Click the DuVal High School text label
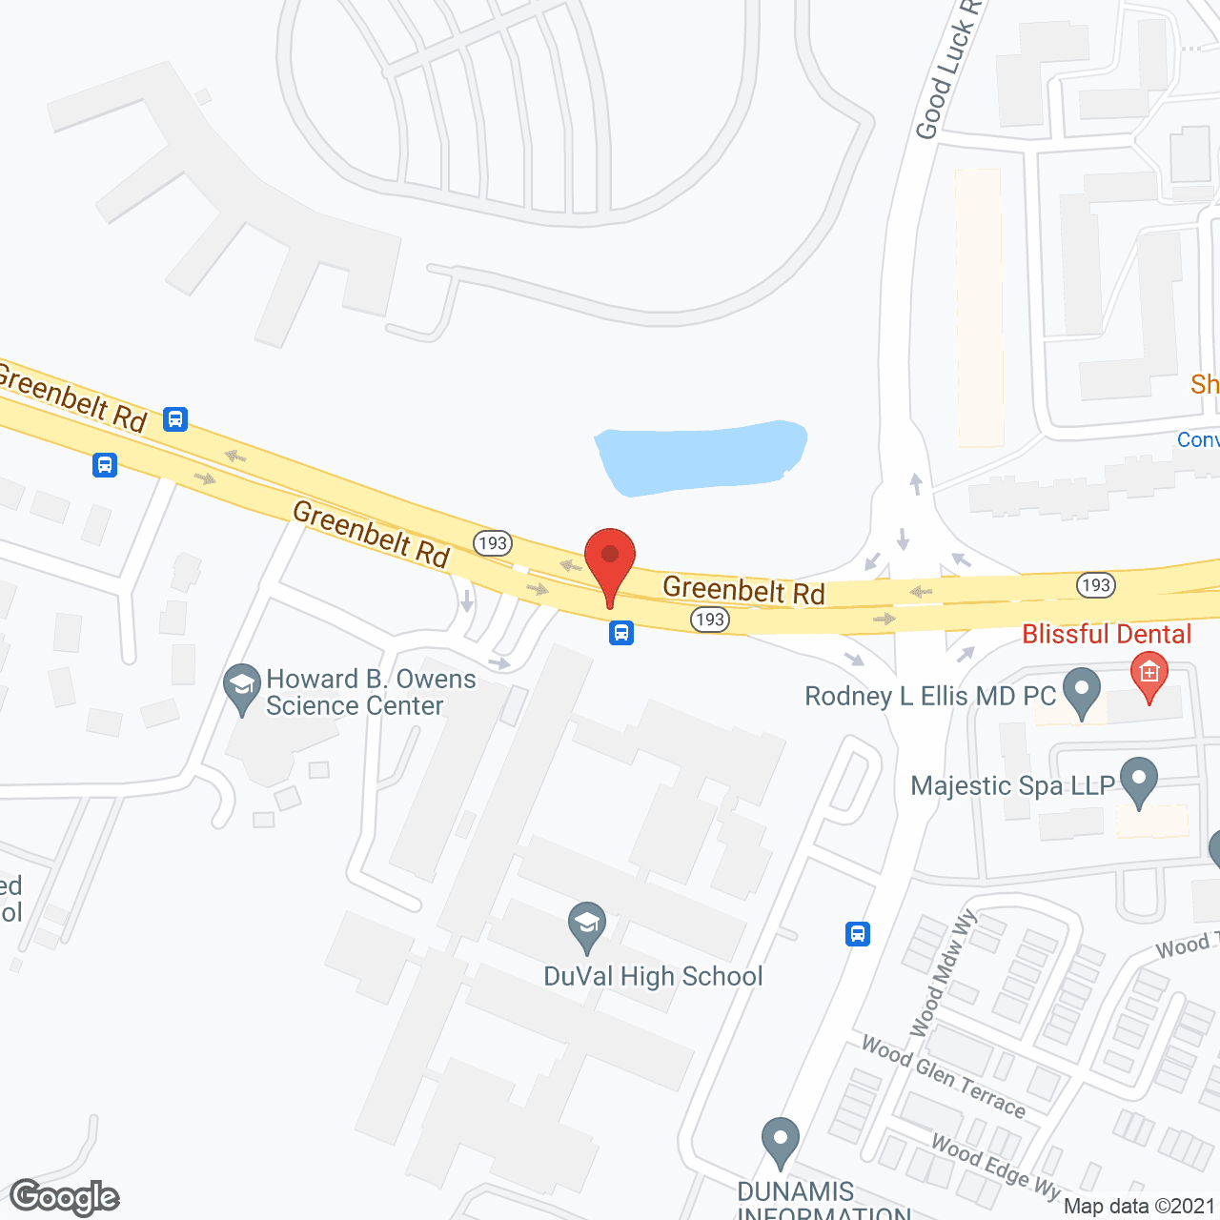tap(653, 977)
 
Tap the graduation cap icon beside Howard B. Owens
tap(242, 687)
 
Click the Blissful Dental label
tap(1107, 635)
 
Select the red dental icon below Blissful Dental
tap(1149, 677)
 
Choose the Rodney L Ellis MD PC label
tap(930, 697)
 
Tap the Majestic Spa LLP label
tap(1012, 786)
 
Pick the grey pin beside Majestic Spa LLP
tap(1138, 781)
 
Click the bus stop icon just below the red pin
tap(621, 633)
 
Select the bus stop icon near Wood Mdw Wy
tap(858, 934)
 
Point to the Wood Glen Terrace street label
tap(943, 1076)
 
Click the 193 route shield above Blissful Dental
tap(1095, 584)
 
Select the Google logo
tap(65, 1197)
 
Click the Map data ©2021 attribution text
tap(1139, 1207)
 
